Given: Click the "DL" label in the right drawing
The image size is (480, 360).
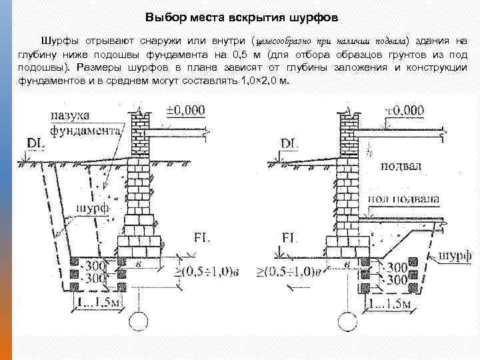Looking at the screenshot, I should click(x=290, y=143).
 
